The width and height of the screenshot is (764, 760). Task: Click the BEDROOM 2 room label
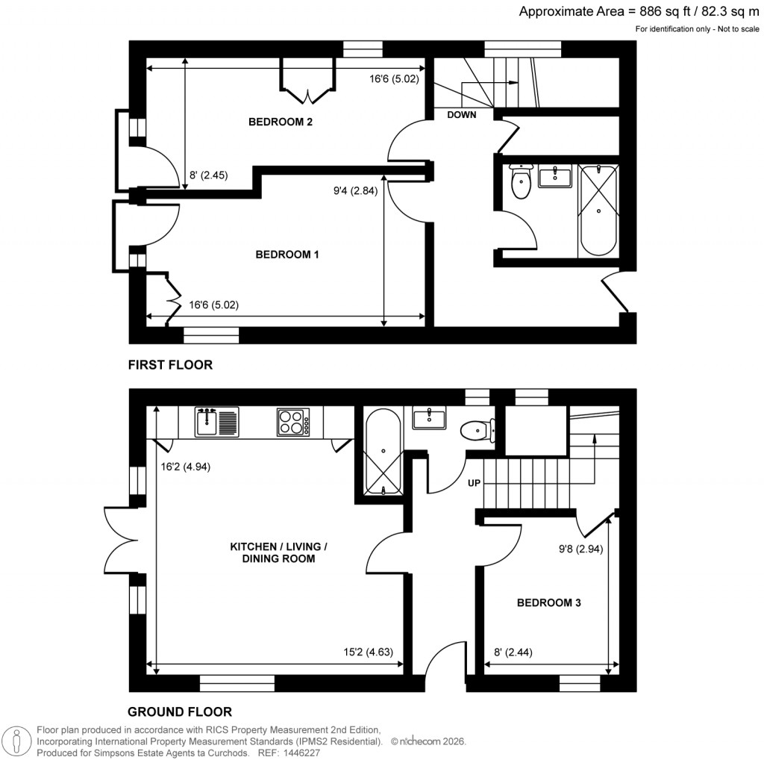pos(280,122)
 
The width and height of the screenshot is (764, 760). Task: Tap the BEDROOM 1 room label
pos(287,255)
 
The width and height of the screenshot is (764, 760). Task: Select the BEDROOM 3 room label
pos(549,602)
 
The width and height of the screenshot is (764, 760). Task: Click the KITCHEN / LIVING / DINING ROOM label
pos(278,552)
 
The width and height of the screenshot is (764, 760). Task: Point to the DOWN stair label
pos(463,115)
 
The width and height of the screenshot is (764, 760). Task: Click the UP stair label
pos(473,484)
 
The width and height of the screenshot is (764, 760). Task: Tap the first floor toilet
pos(520,181)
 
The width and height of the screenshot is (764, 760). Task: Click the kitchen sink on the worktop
pos(216,422)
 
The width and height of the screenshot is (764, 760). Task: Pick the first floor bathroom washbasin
pos(554,178)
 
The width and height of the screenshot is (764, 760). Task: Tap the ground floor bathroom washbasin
pos(428,418)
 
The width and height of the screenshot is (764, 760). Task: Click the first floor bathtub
pos(598,210)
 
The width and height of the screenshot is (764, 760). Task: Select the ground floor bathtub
pos(383,452)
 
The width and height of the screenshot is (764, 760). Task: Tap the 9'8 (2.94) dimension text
pos(580,547)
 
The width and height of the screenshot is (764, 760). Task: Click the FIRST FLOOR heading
pos(170,365)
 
